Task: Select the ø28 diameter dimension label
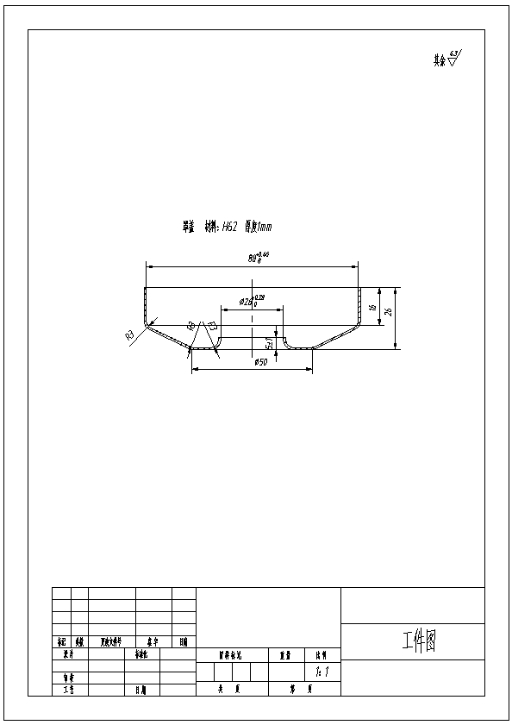248,302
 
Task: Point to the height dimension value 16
372,307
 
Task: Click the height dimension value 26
389,312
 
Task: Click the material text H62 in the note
230,228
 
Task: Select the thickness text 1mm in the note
263,228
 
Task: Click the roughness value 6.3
455,53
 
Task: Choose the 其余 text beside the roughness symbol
440,61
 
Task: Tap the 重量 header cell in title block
284,655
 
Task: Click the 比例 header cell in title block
321,655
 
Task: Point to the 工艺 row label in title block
69,690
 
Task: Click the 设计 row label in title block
69,654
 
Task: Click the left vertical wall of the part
146,305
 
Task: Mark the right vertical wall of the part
359,305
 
